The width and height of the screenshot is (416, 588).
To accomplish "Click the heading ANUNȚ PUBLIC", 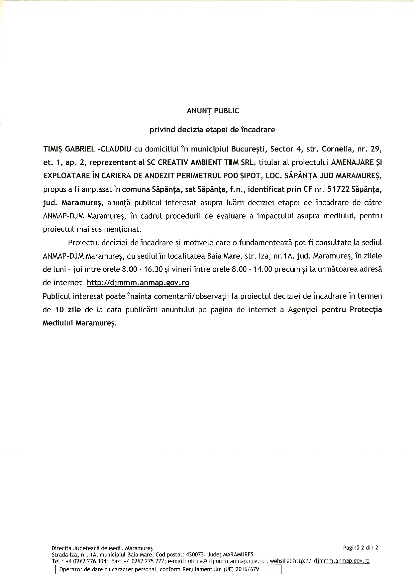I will pos(212,111).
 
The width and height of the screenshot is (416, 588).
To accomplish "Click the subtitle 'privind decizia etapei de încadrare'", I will pos(212,130).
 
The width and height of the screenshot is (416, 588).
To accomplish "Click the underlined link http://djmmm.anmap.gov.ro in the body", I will pos(138,283).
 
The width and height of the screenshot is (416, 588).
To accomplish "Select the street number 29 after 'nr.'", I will pos(376,149).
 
